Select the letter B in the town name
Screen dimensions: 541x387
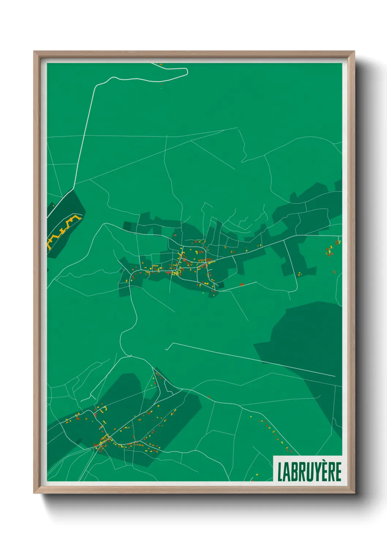click(x=294, y=472)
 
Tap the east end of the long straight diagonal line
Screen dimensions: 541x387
click(x=335, y=376)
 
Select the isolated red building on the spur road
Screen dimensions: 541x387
click(x=242, y=284)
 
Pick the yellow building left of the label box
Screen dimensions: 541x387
click(x=256, y=475)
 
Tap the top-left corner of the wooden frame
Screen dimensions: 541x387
click(x=34, y=52)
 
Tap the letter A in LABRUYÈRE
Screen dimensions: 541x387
click(x=287, y=472)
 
